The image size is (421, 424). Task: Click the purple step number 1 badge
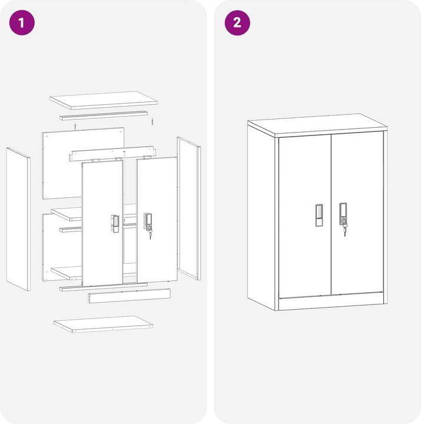22,23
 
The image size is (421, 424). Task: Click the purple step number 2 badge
237,23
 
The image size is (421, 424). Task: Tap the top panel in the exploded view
103,100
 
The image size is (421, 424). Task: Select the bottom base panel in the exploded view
104,324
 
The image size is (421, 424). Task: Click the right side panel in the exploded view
188,208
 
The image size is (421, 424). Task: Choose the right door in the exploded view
157,218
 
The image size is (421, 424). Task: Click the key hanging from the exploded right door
150,234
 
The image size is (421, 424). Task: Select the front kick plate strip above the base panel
129,296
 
